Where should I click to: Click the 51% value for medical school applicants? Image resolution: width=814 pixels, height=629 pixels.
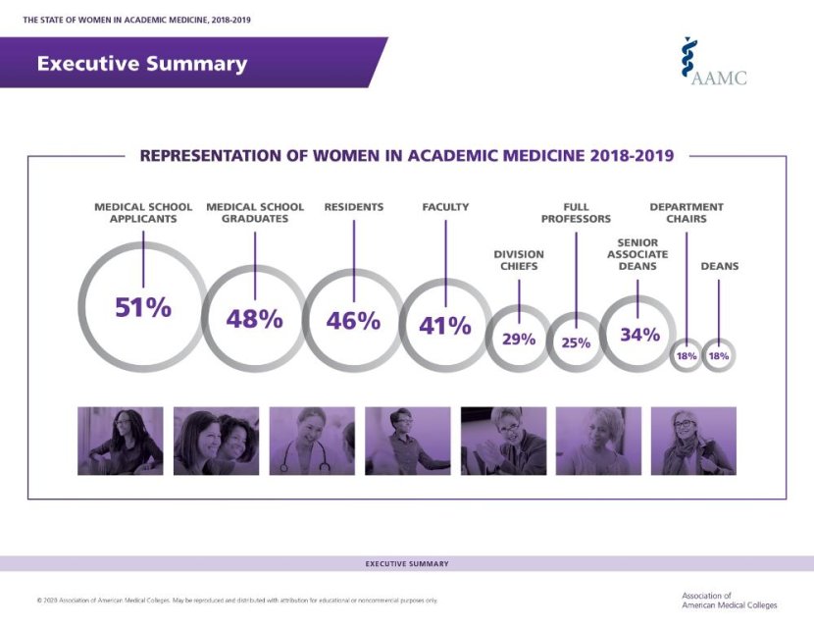pyautogui.click(x=143, y=307)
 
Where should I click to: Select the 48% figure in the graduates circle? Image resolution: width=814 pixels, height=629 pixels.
pyautogui.click(x=254, y=318)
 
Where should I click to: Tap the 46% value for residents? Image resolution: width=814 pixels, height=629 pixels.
pyautogui.click(x=353, y=320)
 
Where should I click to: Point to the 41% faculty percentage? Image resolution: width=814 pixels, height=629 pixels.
pyautogui.click(x=445, y=326)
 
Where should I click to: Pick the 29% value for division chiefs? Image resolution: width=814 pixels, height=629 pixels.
pyautogui.click(x=519, y=340)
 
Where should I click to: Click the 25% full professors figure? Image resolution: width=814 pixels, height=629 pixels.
pyautogui.click(x=576, y=343)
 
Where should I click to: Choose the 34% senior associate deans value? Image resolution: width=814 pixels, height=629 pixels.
pyautogui.click(x=639, y=335)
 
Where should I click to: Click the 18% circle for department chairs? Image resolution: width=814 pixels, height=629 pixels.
pyautogui.click(x=686, y=356)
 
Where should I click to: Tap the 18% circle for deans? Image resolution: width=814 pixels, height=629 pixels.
pyautogui.click(x=719, y=356)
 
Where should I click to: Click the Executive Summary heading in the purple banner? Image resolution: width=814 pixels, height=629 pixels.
pyautogui.click(x=142, y=64)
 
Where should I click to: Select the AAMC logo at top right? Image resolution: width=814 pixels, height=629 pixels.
pyautogui.click(x=715, y=63)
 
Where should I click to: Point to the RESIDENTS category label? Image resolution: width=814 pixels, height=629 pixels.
pyautogui.click(x=353, y=207)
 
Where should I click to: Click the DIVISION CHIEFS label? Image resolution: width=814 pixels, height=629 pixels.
pyautogui.click(x=519, y=260)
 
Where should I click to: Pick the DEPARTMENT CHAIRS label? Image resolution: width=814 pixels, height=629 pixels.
pyautogui.click(x=687, y=213)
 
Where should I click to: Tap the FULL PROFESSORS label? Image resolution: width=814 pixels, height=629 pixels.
pyautogui.click(x=576, y=213)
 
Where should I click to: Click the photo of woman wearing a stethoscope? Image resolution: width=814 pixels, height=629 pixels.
pyautogui.click(x=312, y=442)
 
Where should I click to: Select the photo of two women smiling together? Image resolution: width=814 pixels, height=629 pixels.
pyautogui.click(x=216, y=442)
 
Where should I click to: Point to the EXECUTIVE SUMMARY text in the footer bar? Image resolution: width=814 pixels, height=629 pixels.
pyautogui.click(x=407, y=564)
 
